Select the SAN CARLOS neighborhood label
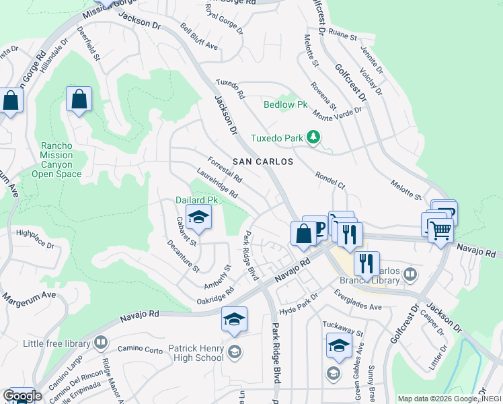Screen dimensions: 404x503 [263, 162]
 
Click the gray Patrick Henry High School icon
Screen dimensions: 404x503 [235, 351]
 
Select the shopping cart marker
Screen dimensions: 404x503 [440, 231]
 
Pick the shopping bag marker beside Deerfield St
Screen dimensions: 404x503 [79, 99]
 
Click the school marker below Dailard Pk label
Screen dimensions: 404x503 [198, 217]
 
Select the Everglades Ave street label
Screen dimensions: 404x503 [357, 300]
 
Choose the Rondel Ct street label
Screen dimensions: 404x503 [330, 178]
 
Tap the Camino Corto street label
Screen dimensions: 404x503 [140, 349]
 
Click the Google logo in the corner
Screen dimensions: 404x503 [22, 395]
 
